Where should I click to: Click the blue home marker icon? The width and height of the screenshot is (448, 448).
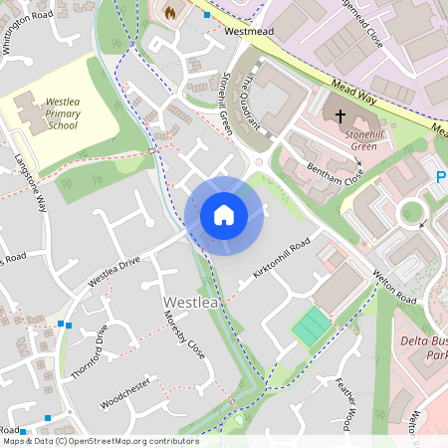coord(224,215)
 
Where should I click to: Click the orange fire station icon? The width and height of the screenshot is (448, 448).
coord(169,13)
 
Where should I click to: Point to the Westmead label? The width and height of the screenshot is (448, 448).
coord(248,31)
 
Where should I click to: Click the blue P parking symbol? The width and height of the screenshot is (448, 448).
coord(441,177)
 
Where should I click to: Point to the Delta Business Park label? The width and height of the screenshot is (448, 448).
coord(422,348)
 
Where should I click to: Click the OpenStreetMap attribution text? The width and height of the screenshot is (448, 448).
coord(100,441)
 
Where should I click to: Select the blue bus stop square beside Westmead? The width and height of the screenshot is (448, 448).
coord(207,15)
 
